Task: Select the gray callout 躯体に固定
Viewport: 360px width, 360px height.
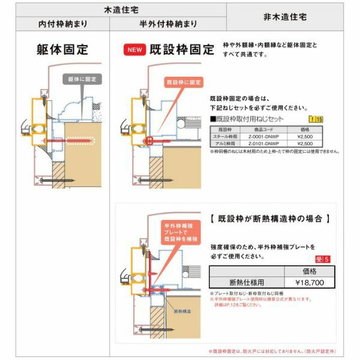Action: coord(82,79)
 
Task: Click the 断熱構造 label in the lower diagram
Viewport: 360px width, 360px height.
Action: coord(183,312)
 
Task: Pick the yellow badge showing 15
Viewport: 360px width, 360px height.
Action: coord(316,120)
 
